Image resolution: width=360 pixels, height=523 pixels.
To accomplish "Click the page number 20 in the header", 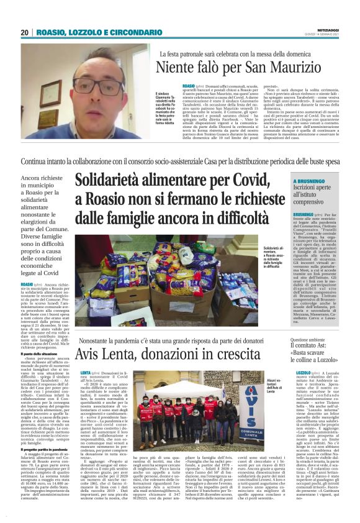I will (24, 32).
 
